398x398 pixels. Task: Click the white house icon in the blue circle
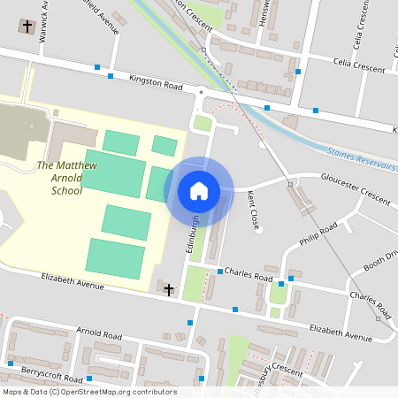click(198, 190)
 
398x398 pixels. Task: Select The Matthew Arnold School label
click(66, 178)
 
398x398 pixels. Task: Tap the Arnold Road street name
click(98, 334)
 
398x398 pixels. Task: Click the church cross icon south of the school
click(168, 289)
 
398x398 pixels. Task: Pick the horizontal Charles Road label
click(249, 275)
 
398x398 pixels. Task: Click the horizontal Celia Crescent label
click(358, 65)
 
